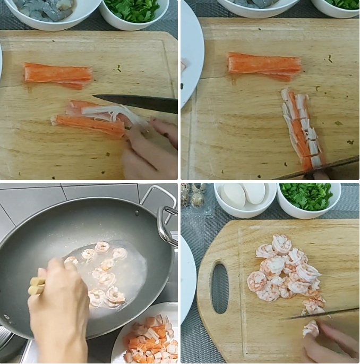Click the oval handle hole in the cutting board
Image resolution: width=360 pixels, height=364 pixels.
coord(219,287)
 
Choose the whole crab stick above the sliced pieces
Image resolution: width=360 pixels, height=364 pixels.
coord(264,65)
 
